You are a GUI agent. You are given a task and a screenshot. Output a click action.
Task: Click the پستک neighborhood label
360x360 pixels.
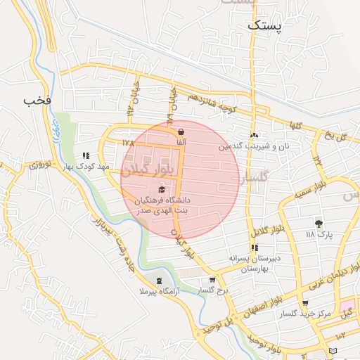[264, 25]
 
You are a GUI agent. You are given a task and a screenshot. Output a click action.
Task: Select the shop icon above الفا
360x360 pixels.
[181, 131]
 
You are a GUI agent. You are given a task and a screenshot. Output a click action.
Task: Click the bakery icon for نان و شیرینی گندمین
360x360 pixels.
[254, 135]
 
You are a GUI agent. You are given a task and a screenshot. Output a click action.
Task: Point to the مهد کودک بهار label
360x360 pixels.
[85, 167]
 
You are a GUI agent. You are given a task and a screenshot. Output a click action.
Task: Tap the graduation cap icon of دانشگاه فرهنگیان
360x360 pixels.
[162, 189]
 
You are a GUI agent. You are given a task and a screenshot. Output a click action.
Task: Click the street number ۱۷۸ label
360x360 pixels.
[127, 143]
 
